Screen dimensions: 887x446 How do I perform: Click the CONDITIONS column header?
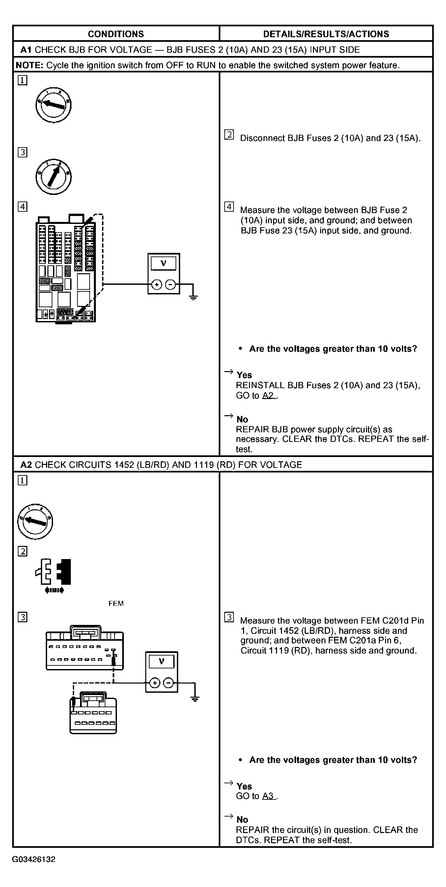[x=116, y=34]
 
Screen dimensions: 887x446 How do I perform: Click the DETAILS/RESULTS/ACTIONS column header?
[x=326, y=34]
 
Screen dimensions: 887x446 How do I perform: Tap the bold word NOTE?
[x=30, y=66]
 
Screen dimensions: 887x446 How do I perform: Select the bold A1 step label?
[x=26, y=50]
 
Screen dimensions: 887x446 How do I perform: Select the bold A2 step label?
[x=26, y=465]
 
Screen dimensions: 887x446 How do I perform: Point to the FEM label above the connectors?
[x=116, y=604]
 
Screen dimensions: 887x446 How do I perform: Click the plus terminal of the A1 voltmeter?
[x=157, y=285]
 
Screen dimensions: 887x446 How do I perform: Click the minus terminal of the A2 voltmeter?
[x=168, y=683]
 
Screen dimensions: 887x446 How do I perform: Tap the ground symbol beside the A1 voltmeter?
[x=193, y=297]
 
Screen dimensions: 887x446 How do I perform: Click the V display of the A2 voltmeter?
[x=161, y=661]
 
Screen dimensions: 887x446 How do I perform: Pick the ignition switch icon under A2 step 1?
[x=35, y=521]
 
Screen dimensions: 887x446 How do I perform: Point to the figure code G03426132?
[x=34, y=859]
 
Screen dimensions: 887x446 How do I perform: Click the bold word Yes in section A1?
[x=244, y=375]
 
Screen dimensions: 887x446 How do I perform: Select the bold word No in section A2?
[x=242, y=820]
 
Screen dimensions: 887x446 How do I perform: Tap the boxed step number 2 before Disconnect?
[x=229, y=135]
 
